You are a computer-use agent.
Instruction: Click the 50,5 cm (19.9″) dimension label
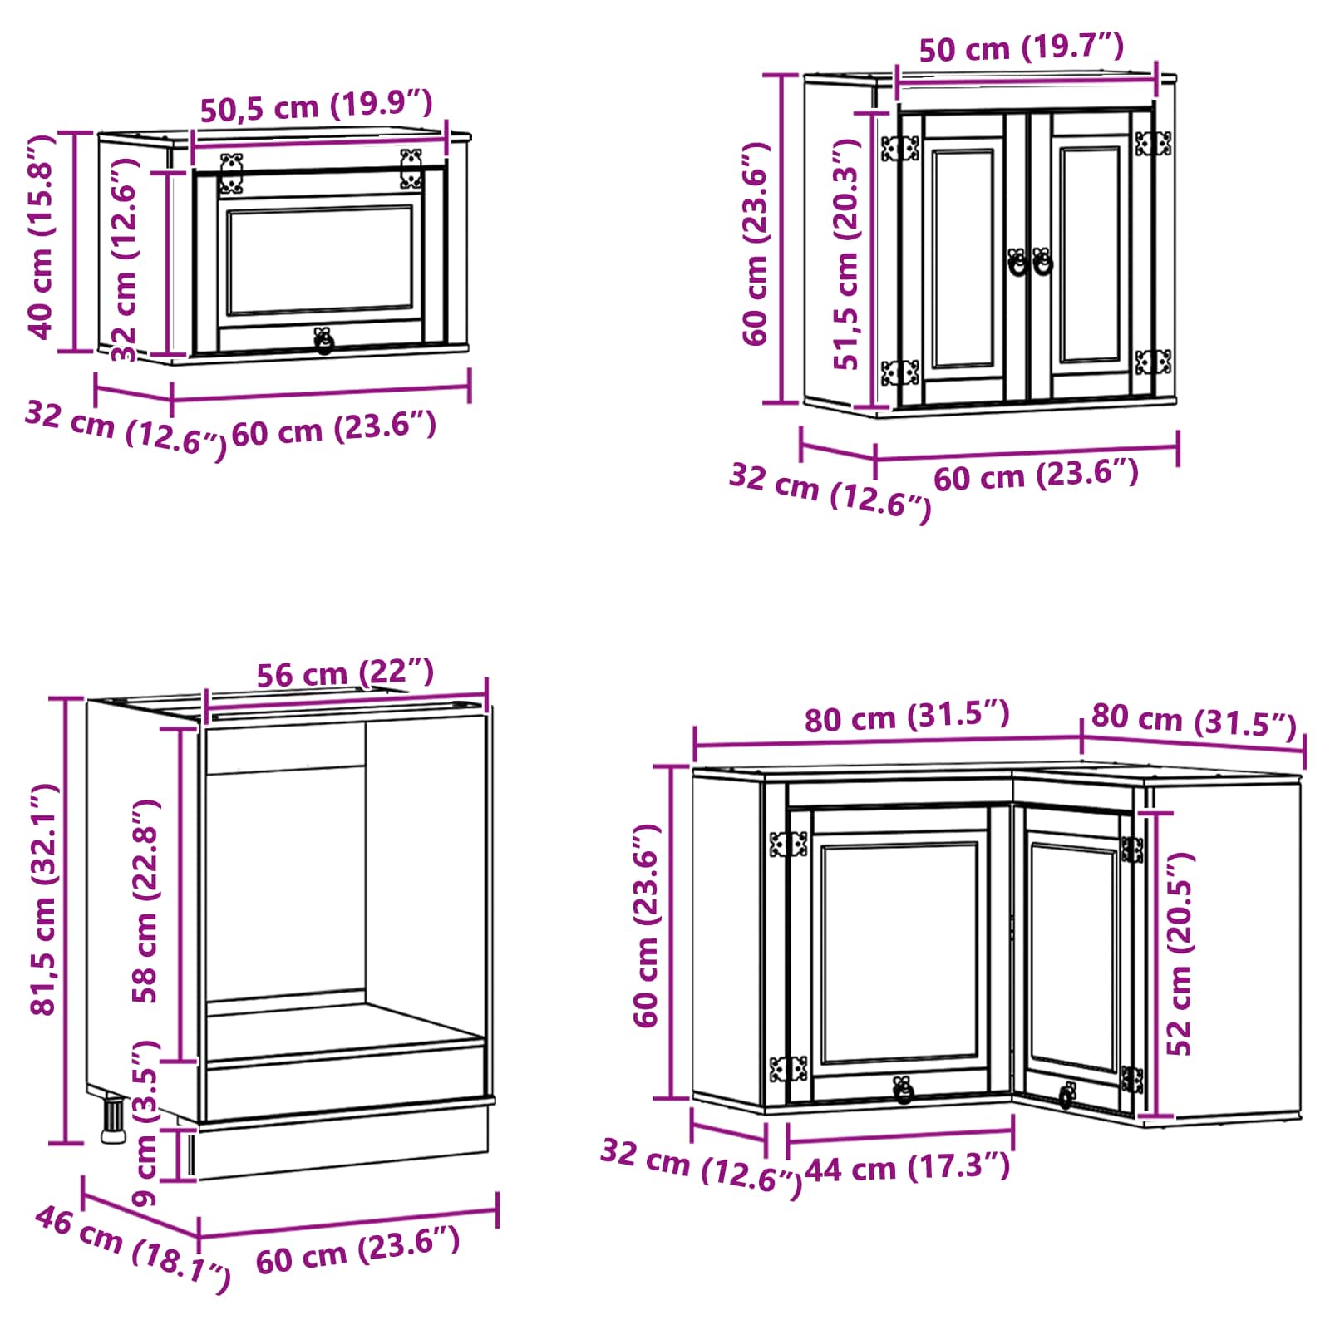(x=317, y=106)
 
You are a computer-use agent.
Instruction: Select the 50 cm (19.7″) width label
(x=1022, y=47)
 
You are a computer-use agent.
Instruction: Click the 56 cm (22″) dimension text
(x=345, y=672)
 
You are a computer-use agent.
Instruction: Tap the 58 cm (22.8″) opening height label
(x=145, y=901)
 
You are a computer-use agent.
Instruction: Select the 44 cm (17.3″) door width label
(x=908, y=1168)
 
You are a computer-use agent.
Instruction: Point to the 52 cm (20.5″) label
(x=1179, y=953)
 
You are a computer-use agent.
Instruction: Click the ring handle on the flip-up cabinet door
(x=323, y=341)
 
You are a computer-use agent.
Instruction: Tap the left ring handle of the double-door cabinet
(x=1017, y=262)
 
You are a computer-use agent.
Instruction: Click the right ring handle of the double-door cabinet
(x=1042, y=262)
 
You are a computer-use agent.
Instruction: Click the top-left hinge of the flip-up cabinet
(x=230, y=173)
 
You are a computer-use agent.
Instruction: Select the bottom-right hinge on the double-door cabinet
(x=1153, y=362)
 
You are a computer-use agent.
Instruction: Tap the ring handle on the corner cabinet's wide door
(x=903, y=1090)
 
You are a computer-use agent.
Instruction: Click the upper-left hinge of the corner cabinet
(x=788, y=845)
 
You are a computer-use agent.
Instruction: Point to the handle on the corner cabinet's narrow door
(x=1066, y=1096)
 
